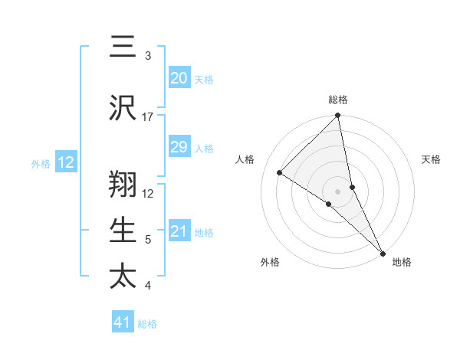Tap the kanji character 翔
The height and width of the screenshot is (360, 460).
coord(122,184)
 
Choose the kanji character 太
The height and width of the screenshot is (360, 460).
coord(122,276)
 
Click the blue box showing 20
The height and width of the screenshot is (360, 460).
coord(179,78)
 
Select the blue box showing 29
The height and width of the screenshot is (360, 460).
coord(179,147)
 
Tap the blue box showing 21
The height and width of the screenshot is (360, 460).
coord(179,231)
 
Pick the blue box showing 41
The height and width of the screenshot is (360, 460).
coord(123,322)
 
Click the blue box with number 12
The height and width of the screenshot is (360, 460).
coord(66,162)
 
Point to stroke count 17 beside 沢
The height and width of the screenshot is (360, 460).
coord(148,117)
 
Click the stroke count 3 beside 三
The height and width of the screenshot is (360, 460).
coord(148,56)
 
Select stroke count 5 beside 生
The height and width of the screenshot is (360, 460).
coord(148,240)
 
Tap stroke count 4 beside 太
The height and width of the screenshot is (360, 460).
coord(148,286)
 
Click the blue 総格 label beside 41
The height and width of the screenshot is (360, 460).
coord(147,324)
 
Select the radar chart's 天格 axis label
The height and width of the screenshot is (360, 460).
coord(432,159)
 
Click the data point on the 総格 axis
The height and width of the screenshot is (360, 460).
coord(337,116)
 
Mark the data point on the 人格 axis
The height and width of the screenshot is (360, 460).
coord(280,172)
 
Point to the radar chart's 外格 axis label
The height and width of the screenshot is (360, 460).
coord(270,262)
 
